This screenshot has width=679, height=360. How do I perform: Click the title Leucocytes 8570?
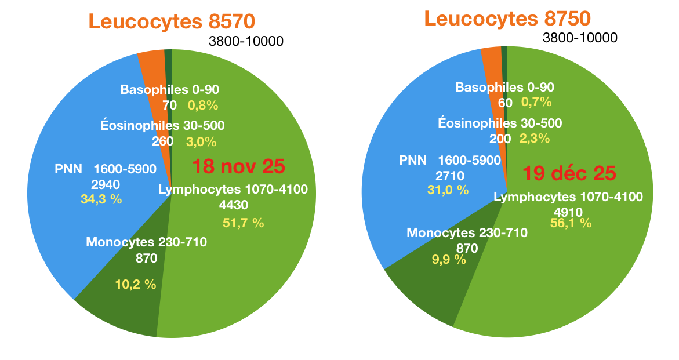pyautogui.click(x=172, y=22)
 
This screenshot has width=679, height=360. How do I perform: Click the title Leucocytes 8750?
pyautogui.click(x=507, y=18)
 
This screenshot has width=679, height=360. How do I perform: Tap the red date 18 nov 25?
pyautogui.click(x=238, y=166)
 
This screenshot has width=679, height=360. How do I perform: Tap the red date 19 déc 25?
pyautogui.click(x=569, y=173)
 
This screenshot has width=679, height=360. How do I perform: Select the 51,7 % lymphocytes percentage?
pyautogui.click(x=243, y=222)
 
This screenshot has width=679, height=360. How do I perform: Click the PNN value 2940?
pyautogui.click(x=106, y=185)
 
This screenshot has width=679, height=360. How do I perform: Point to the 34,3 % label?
pyautogui.click(x=101, y=199)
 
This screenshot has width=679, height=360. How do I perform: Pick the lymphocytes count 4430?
pyautogui.click(x=234, y=205)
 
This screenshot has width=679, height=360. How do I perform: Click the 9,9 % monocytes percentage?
pyautogui.click(x=448, y=259)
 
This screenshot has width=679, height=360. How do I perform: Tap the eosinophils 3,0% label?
pyautogui.click(x=201, y=141)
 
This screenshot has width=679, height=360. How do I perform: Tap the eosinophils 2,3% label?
pyautogui.click(x=534, y=139)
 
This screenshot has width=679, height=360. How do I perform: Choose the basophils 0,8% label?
pyautogui.click(x=202, y=106)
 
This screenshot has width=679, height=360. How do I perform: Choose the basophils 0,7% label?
pyautogui.click(x=536, y=103)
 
